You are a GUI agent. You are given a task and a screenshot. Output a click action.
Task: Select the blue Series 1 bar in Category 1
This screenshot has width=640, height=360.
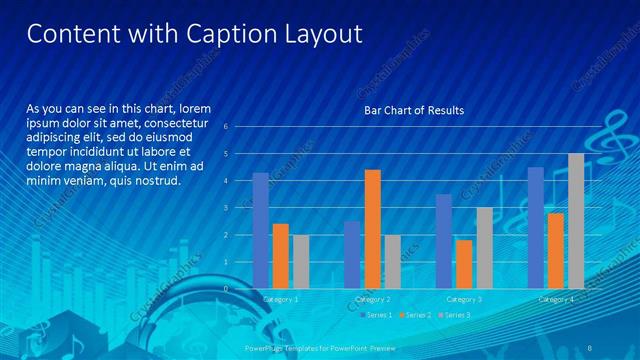point(261,230)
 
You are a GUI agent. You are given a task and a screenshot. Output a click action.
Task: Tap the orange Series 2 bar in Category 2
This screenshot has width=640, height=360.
point(372,229)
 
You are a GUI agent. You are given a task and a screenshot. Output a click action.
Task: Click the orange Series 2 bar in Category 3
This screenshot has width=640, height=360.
point(464,264)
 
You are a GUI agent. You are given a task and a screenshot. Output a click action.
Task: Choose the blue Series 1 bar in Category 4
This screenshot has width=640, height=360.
point(536,227)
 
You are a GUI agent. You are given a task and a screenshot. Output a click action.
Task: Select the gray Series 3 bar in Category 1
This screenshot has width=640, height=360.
point(301,261)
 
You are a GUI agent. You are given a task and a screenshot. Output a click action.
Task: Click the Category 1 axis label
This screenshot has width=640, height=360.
point(280,298)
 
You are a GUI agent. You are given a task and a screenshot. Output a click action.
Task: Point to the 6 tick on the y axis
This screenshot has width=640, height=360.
point(239,127)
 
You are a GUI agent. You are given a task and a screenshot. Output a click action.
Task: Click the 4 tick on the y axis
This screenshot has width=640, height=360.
point(239,181)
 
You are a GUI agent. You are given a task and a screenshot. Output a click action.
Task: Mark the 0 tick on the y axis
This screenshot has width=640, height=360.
point(239,288)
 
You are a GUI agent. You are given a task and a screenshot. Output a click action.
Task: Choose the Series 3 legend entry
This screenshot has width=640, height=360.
point(455,315)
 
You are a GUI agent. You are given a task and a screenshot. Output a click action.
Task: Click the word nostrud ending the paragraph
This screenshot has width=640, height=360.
point(153,181)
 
